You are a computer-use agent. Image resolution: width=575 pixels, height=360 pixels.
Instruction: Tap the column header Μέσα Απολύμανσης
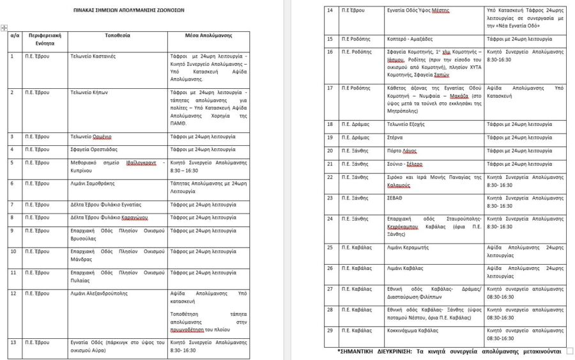[x=208, y=35]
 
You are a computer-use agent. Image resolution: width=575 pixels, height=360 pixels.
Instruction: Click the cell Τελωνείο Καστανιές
[x=93, y=56]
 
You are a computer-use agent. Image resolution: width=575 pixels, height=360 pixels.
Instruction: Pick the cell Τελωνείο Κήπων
[x=89, y=92]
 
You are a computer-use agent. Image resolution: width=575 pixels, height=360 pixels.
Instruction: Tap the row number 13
[x=13, y=342]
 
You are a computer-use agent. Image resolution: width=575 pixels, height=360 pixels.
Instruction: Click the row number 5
[x=12, y=162]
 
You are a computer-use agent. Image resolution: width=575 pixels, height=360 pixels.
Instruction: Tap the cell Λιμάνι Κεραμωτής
[x=408, y=247]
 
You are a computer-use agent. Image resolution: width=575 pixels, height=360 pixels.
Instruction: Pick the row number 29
[x=330, y=331]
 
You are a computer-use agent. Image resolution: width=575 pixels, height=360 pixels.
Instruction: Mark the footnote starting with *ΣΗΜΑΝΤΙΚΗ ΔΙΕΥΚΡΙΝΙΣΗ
[x=449, y=351]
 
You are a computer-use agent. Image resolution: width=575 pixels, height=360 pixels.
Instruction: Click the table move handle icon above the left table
[x=4, y=27]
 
